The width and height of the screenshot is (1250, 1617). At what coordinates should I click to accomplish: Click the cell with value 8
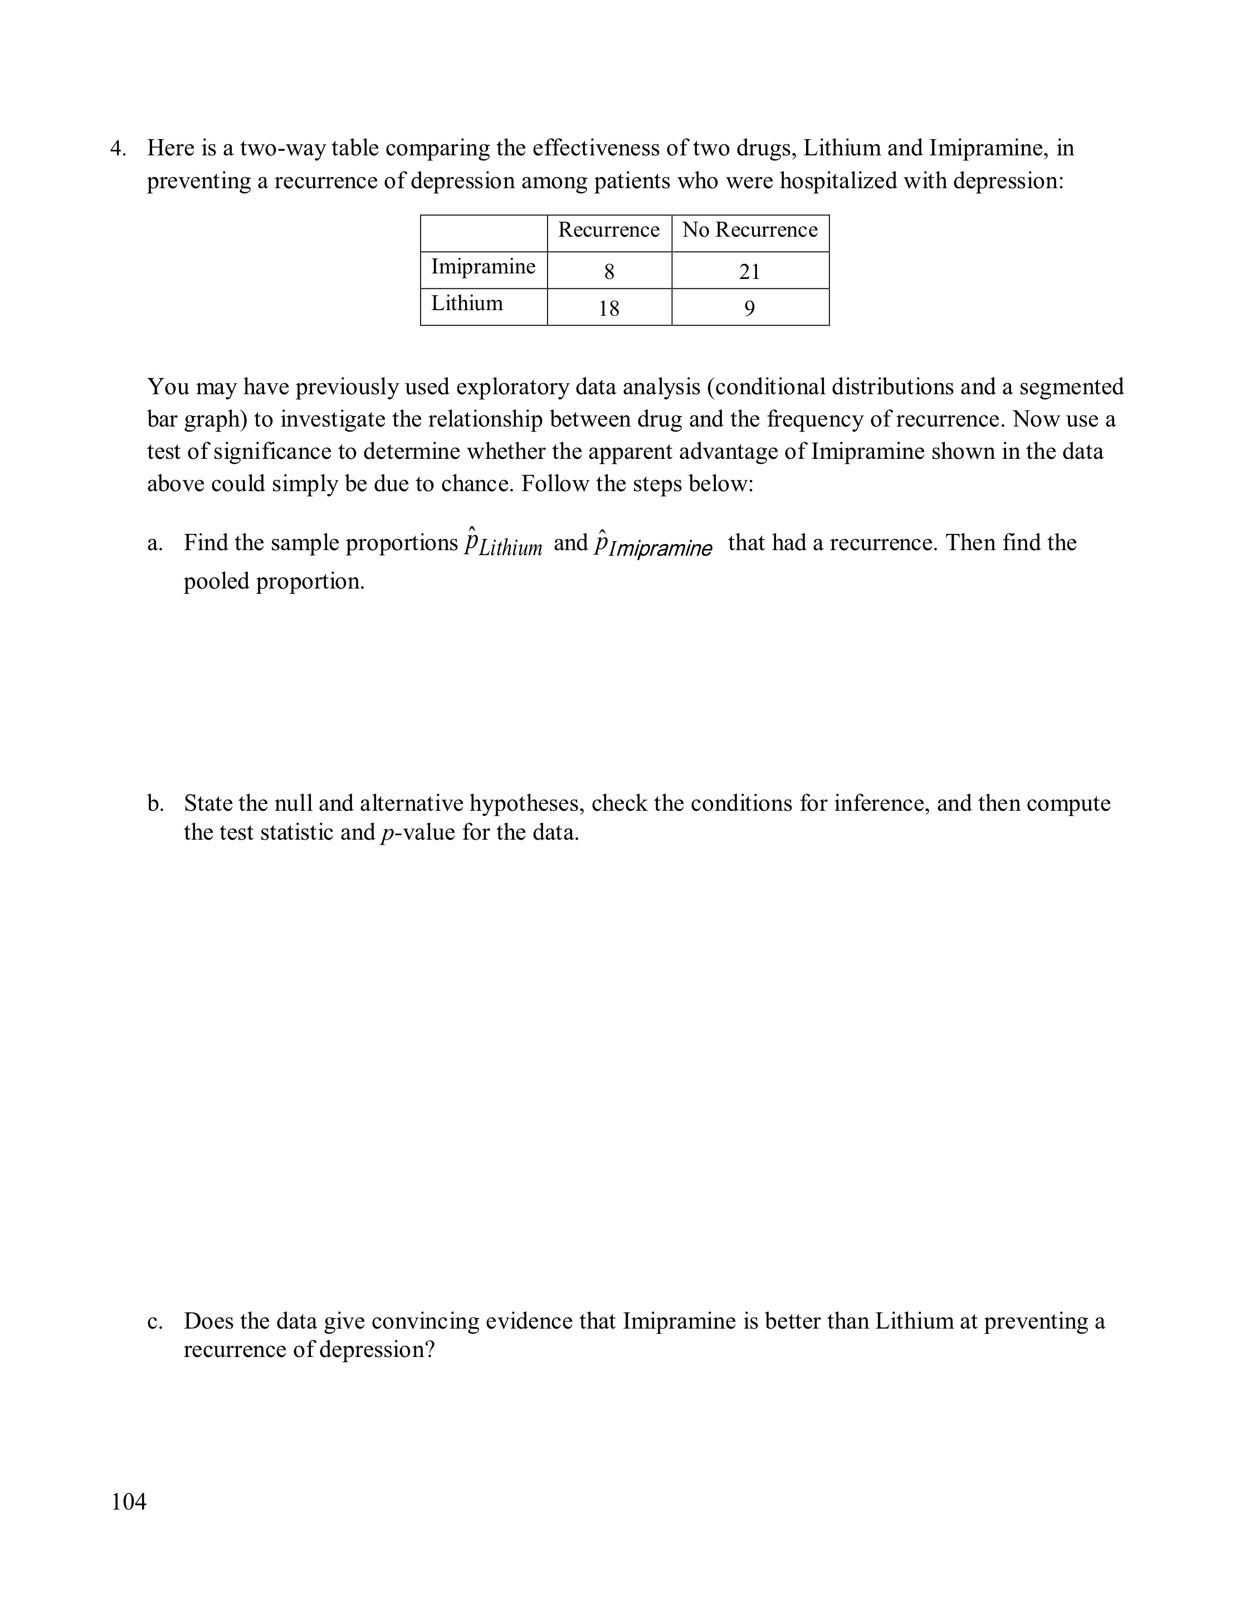(609, 271)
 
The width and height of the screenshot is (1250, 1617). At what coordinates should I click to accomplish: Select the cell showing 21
(749, 271)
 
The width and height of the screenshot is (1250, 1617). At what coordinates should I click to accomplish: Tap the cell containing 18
(609, 308)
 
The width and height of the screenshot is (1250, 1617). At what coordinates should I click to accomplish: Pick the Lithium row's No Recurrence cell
(749, 308)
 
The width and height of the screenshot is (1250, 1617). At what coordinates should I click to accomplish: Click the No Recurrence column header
(749, 231)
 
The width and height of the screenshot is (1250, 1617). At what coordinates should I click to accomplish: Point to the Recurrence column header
(609, 231)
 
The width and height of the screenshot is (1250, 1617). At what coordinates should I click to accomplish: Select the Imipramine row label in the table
(483, 267)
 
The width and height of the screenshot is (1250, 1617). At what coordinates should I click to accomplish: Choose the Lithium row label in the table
(467, 303)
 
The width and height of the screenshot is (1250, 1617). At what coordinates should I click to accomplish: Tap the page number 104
(129, 1502)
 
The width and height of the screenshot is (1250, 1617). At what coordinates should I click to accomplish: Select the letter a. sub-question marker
(154, 543)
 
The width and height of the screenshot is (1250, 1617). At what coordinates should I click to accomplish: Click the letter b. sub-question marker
(155, 803)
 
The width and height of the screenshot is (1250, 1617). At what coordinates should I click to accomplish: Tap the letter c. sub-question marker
(154, 1321)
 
